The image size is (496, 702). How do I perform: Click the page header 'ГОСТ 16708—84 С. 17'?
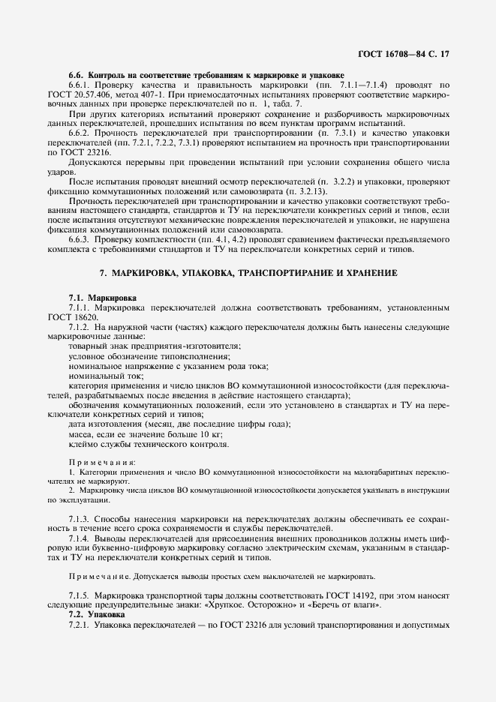tap(406, 54)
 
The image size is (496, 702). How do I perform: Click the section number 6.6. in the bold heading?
tap(77, 76)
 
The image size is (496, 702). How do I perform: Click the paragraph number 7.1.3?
tap(80, 518)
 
